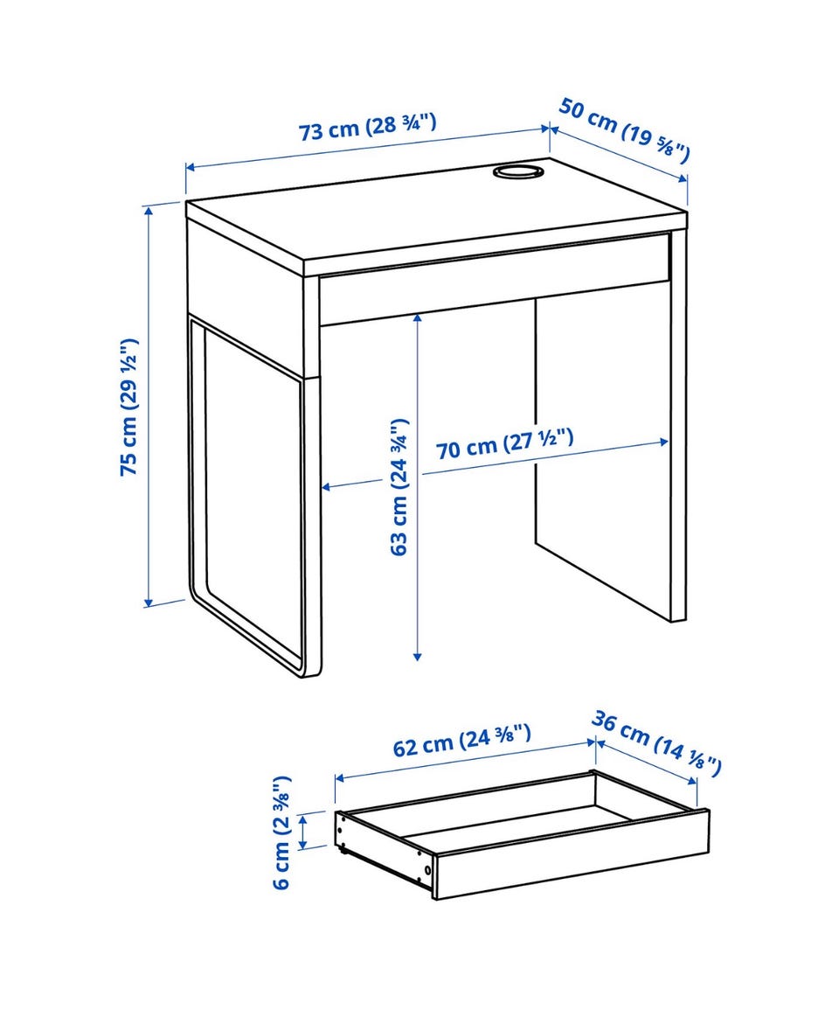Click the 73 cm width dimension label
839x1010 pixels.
point(368,126)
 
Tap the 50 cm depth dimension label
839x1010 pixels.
point(623,129)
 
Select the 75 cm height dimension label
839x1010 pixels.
point(129,407)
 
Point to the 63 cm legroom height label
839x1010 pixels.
point(400,486)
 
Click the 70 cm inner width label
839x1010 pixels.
point(504,444)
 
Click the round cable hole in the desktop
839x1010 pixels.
point(517,171)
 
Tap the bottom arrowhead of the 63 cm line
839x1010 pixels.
point(417,655)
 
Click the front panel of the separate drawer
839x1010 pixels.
point(572,853)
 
